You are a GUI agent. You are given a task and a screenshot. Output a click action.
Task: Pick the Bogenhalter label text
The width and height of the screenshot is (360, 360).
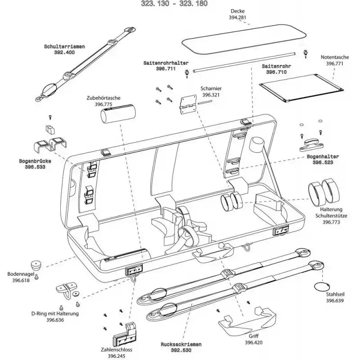point(323,157)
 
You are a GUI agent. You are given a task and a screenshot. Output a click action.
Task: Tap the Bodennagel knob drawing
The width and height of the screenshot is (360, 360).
point(36,264)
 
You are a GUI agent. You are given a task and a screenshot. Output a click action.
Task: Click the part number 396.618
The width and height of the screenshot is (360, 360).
point(18,280)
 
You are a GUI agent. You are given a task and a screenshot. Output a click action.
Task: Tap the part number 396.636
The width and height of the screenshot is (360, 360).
point(55,320)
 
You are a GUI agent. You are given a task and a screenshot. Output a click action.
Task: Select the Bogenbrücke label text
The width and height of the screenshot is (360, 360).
point(35,161)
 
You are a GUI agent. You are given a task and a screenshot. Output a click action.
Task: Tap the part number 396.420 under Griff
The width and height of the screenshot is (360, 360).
point(254,342)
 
